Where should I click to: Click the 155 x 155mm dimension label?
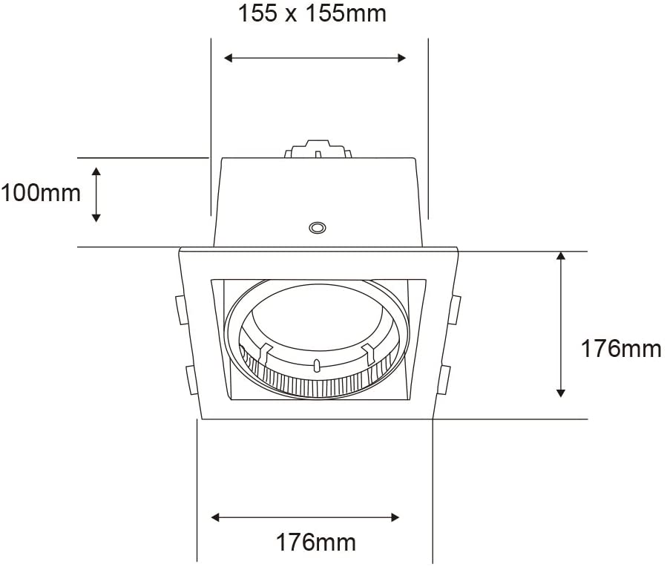tap(312, 13)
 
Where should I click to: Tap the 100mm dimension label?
tap(40, 193)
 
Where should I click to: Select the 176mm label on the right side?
tap(621, 349)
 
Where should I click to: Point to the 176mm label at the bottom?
tap(315, 543)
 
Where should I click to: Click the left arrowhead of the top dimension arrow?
tap(229, 58)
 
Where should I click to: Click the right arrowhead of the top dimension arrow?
tap(401, 58)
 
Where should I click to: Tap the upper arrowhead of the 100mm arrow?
tap(96, 172)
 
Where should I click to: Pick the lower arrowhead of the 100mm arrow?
tap(96, 217)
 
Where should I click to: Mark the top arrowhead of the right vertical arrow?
tap(561, 256)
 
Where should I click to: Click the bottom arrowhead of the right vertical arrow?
tap(561, 392)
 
